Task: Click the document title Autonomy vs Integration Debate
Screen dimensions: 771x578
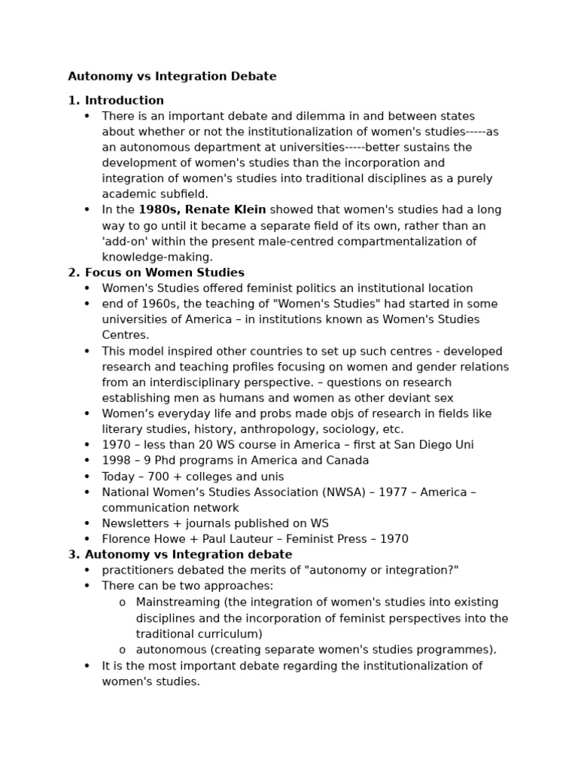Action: coord(172,76)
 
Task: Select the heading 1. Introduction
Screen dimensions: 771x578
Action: coord(116,100)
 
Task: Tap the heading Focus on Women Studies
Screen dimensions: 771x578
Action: coord(164,273)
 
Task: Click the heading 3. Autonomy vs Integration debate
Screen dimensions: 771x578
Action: coord(180,555)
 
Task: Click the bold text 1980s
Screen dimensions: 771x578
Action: coord(157,210)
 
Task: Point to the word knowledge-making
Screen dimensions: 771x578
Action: coord(157,257)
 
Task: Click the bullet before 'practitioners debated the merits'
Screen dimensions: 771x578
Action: coord(87,571)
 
